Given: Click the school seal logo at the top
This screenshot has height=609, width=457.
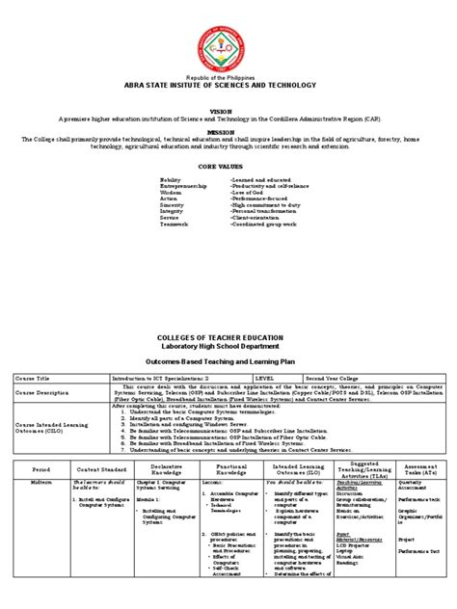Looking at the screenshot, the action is pos(228,44).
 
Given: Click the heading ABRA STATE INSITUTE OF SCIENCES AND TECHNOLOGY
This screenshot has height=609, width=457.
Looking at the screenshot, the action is pos(228,85).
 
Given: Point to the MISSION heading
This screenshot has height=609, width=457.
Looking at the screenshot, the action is pos(228,130).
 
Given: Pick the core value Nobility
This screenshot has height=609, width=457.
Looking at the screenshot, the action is pos(171,180).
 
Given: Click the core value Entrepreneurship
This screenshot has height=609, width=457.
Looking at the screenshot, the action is pos(184,187).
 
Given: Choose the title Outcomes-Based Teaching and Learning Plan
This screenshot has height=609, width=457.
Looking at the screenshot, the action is pos(228,360).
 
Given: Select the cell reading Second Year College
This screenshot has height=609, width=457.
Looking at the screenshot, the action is pos(334,379).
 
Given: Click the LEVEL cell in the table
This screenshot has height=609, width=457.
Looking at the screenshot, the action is pos(265,379).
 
